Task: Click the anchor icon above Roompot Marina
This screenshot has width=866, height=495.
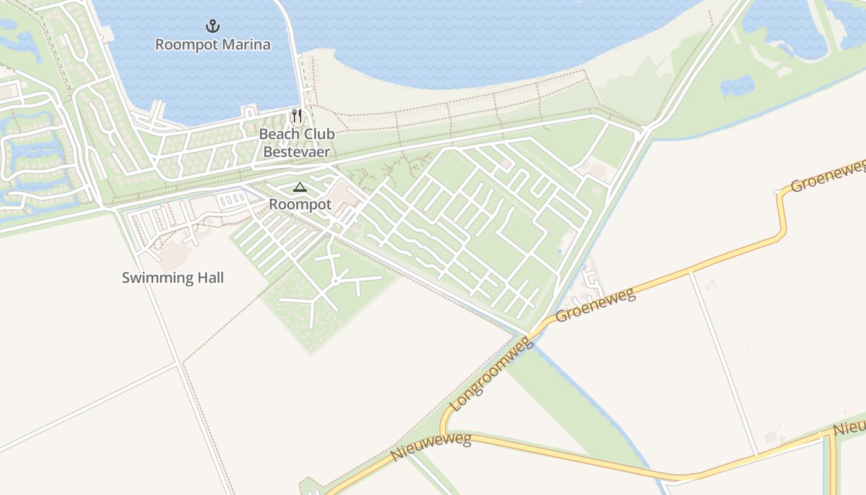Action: point(213,26)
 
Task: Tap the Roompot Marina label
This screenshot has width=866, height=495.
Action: point(213,45)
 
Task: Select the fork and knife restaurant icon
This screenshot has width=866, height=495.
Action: point(297,116)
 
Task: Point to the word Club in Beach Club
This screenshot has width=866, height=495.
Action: point(315,134)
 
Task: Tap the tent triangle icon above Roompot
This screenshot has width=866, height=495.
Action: point(300,187)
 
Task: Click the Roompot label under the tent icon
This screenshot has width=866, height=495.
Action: point(300,204)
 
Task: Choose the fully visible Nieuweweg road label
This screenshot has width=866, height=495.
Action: point(431,447)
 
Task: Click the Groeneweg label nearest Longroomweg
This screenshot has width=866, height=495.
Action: point(595,304)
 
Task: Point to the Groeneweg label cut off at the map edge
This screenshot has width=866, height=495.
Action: point(829,176)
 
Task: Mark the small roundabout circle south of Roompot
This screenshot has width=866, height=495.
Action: point(334,281)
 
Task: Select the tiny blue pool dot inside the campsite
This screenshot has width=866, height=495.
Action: point(559,252)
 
